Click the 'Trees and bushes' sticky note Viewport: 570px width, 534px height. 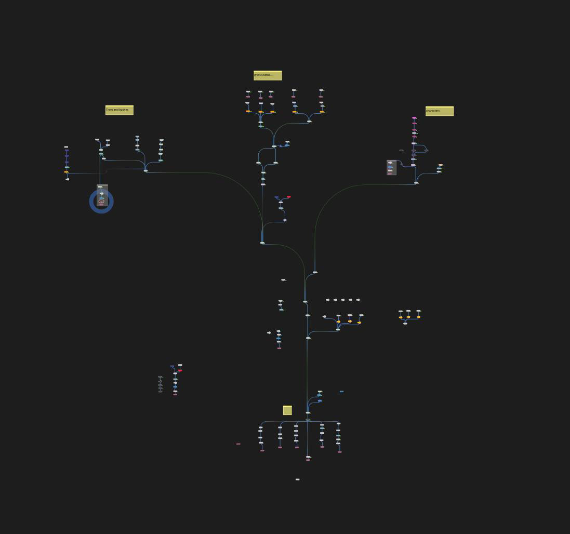pos(119,110)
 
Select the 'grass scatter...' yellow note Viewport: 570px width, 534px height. pos(267,75)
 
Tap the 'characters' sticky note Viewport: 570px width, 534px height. pos(439,111)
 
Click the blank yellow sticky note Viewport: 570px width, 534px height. pos(287,410)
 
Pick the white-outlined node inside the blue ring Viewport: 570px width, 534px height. pos(101,201)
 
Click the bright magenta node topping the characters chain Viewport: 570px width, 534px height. pos(414,118)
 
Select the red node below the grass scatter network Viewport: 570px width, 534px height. pos(288,197)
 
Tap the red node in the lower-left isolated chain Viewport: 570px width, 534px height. pos(180,370)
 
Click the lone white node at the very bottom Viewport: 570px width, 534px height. pos(297,479)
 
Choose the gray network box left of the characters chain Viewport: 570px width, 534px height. pos(391,167)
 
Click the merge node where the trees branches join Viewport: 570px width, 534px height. pos(145,170)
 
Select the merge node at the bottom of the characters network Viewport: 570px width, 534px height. pos(416,183)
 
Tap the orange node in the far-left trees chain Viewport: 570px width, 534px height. pos(67,172)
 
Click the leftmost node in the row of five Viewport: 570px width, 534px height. pos(327,300)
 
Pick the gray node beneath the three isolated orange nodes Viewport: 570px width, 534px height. pos(405,323)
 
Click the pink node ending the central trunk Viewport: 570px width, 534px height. pos(308,460)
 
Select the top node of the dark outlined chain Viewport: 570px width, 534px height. pos(160,377)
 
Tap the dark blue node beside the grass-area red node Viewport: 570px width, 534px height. pos(276,197)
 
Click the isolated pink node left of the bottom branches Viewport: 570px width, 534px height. pos(238,444)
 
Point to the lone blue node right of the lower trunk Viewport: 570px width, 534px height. pos(341,391)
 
